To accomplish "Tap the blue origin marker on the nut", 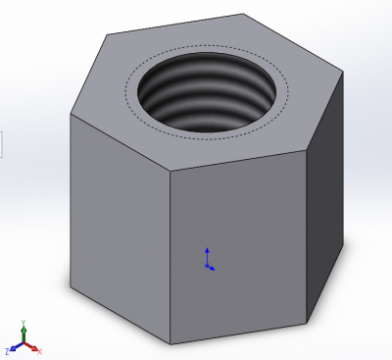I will click(208, 261).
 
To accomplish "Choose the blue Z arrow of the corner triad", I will click(14, 348).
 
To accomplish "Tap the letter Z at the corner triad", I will click(7, 351).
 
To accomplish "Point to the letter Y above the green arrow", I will click(24, 322).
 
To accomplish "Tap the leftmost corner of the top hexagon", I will click(70, 114).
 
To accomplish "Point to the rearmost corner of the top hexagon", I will click(243, 15).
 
